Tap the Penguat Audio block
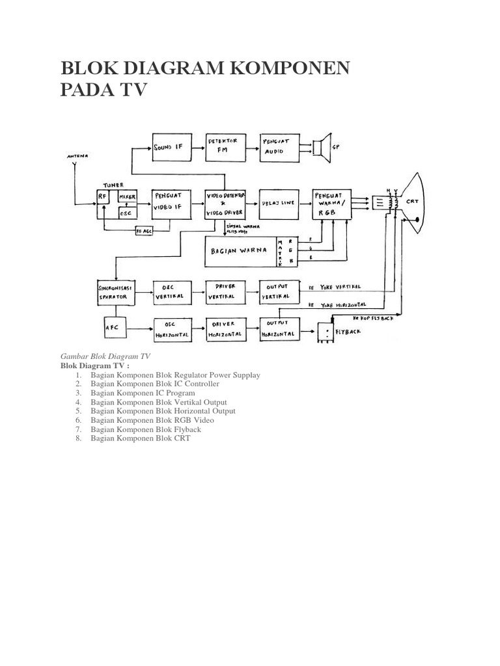tap(280, 147)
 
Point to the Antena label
tap(77, 157)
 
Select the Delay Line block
tap(279, 202)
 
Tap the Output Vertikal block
tap(279, 292)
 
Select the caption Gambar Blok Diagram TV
tap(105, 356)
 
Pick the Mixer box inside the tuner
tap(127, 195)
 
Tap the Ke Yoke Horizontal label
tap(337, 304)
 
